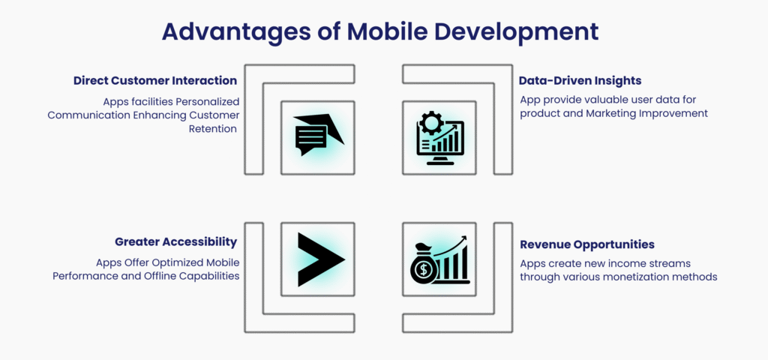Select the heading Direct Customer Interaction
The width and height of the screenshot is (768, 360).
click(155, 80)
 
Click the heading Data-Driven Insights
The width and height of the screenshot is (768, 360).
click(581, 80)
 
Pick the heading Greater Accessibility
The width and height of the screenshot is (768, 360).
click(175, 242)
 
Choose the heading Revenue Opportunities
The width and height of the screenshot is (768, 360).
click(587, 244)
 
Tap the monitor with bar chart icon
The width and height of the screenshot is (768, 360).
click(439, 138)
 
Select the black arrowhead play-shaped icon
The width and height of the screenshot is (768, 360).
click(321, 259)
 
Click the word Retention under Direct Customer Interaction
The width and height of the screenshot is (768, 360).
click(213, 129)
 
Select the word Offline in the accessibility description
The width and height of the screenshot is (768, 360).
click(161, 276)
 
